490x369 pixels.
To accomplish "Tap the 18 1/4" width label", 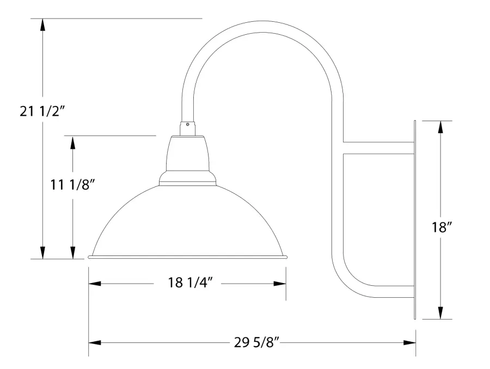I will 187,283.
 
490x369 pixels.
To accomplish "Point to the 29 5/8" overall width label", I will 256,342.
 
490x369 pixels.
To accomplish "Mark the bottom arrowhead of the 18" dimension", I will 442,312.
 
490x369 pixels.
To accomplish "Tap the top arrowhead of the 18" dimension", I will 442,127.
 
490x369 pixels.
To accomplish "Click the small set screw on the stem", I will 188,125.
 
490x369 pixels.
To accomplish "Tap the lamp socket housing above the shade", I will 187,158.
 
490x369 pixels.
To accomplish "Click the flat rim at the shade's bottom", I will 187,257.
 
